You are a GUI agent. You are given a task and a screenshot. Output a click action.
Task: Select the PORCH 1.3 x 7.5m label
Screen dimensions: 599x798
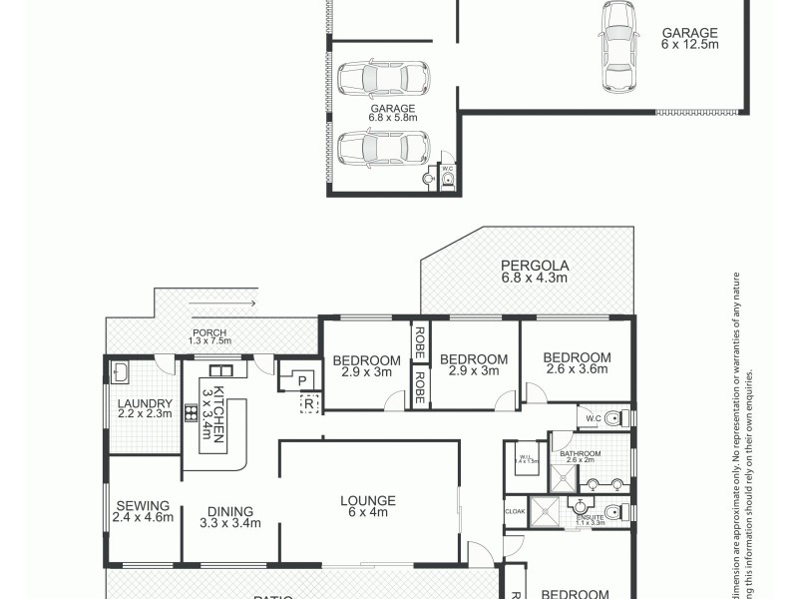pyautogui.click(x=208, y=336)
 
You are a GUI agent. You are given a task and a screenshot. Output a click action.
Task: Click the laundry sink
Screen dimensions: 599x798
pyautogui.click(x=120, y=372)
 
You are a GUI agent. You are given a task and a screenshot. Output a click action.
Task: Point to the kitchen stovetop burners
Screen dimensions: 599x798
pyautogui.click(x=190, y=411)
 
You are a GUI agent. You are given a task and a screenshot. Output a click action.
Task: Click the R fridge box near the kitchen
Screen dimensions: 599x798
pyautogui.click(x=308, y=403)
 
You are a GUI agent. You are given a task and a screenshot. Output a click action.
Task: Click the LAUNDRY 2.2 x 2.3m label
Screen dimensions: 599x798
pyautogui.click(x=145, y=409)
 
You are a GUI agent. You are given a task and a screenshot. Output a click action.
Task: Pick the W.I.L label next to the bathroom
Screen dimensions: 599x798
pyautogui.click(x=526, y=459)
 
